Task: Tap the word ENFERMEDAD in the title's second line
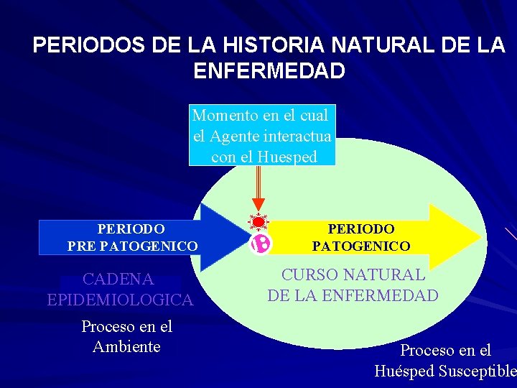click(269, 71)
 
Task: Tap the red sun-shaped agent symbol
click(258, 222)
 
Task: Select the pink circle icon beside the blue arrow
click(261, 244)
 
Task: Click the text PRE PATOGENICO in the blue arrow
click(132, 246)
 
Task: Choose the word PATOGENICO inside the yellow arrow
click(361, 246)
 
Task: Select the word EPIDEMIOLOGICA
click(120, 300)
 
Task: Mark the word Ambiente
click(126, 346)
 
